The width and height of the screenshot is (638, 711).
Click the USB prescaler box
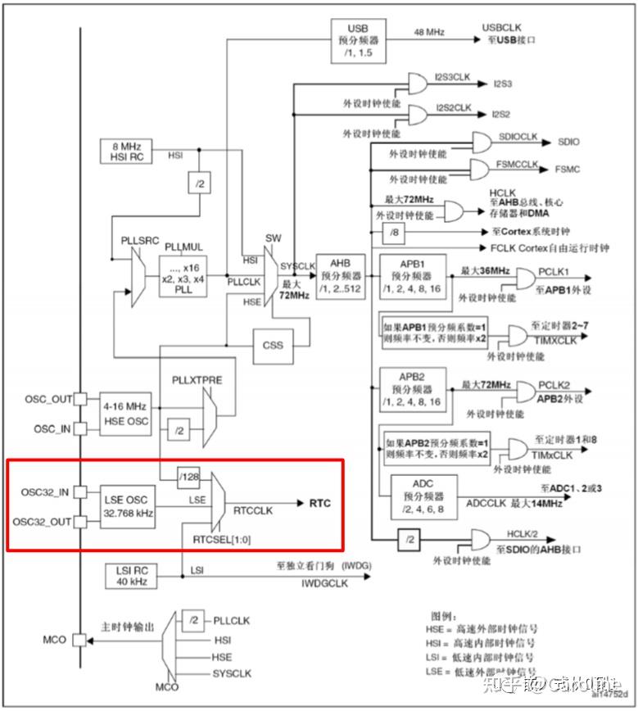[x=359, y=38]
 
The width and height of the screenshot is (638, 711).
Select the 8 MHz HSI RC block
[x=126, y=151]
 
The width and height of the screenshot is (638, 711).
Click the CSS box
[x=274, y=345]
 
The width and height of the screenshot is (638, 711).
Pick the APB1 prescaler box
[x=412, y=277]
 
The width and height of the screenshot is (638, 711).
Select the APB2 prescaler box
[x=412, y=390]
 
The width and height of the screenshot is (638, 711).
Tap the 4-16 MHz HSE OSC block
[x=125, y=412]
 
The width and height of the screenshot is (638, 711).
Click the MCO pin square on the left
[x=79, y=639]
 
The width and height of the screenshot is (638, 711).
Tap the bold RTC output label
[x=320, y=503]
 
